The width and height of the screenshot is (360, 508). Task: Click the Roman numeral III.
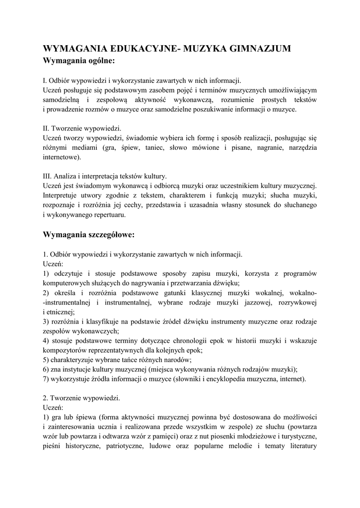[x=48, y=176]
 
